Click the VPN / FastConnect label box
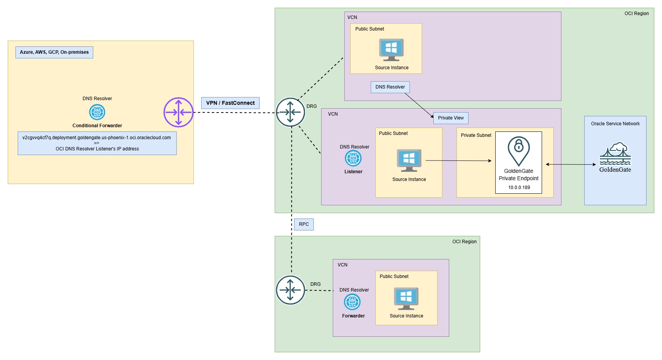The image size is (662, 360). [x=230, y=103]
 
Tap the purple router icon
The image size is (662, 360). [x=178, y=112]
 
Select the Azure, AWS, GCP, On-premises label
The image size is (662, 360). [x=54, y=52]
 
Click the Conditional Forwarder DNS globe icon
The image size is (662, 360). [x=97, y=112]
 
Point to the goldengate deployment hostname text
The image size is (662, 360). [x=96, y=138]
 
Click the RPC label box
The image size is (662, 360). [x=304, y=224]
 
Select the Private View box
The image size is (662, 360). [x=451, y=118]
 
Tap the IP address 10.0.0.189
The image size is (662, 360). [x=519, y=188]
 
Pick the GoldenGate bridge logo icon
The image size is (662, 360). [x=615, y=154]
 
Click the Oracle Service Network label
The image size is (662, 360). [x=615, y=124]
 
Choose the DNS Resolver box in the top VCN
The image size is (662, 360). [x=390, y=87]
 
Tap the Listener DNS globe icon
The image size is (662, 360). [x=353, y=158]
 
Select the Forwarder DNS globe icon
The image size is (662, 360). [x=352, y=302]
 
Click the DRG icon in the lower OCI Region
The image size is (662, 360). [x=291, y=290]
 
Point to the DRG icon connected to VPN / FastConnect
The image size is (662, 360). [x=291, y=112]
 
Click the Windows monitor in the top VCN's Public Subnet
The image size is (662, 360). [x=391, y=49]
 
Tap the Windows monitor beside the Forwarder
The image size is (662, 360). [x=406, y=298]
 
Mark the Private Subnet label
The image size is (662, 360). [x=476, y=135]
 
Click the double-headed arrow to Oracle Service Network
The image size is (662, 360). [x=571, y=164]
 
